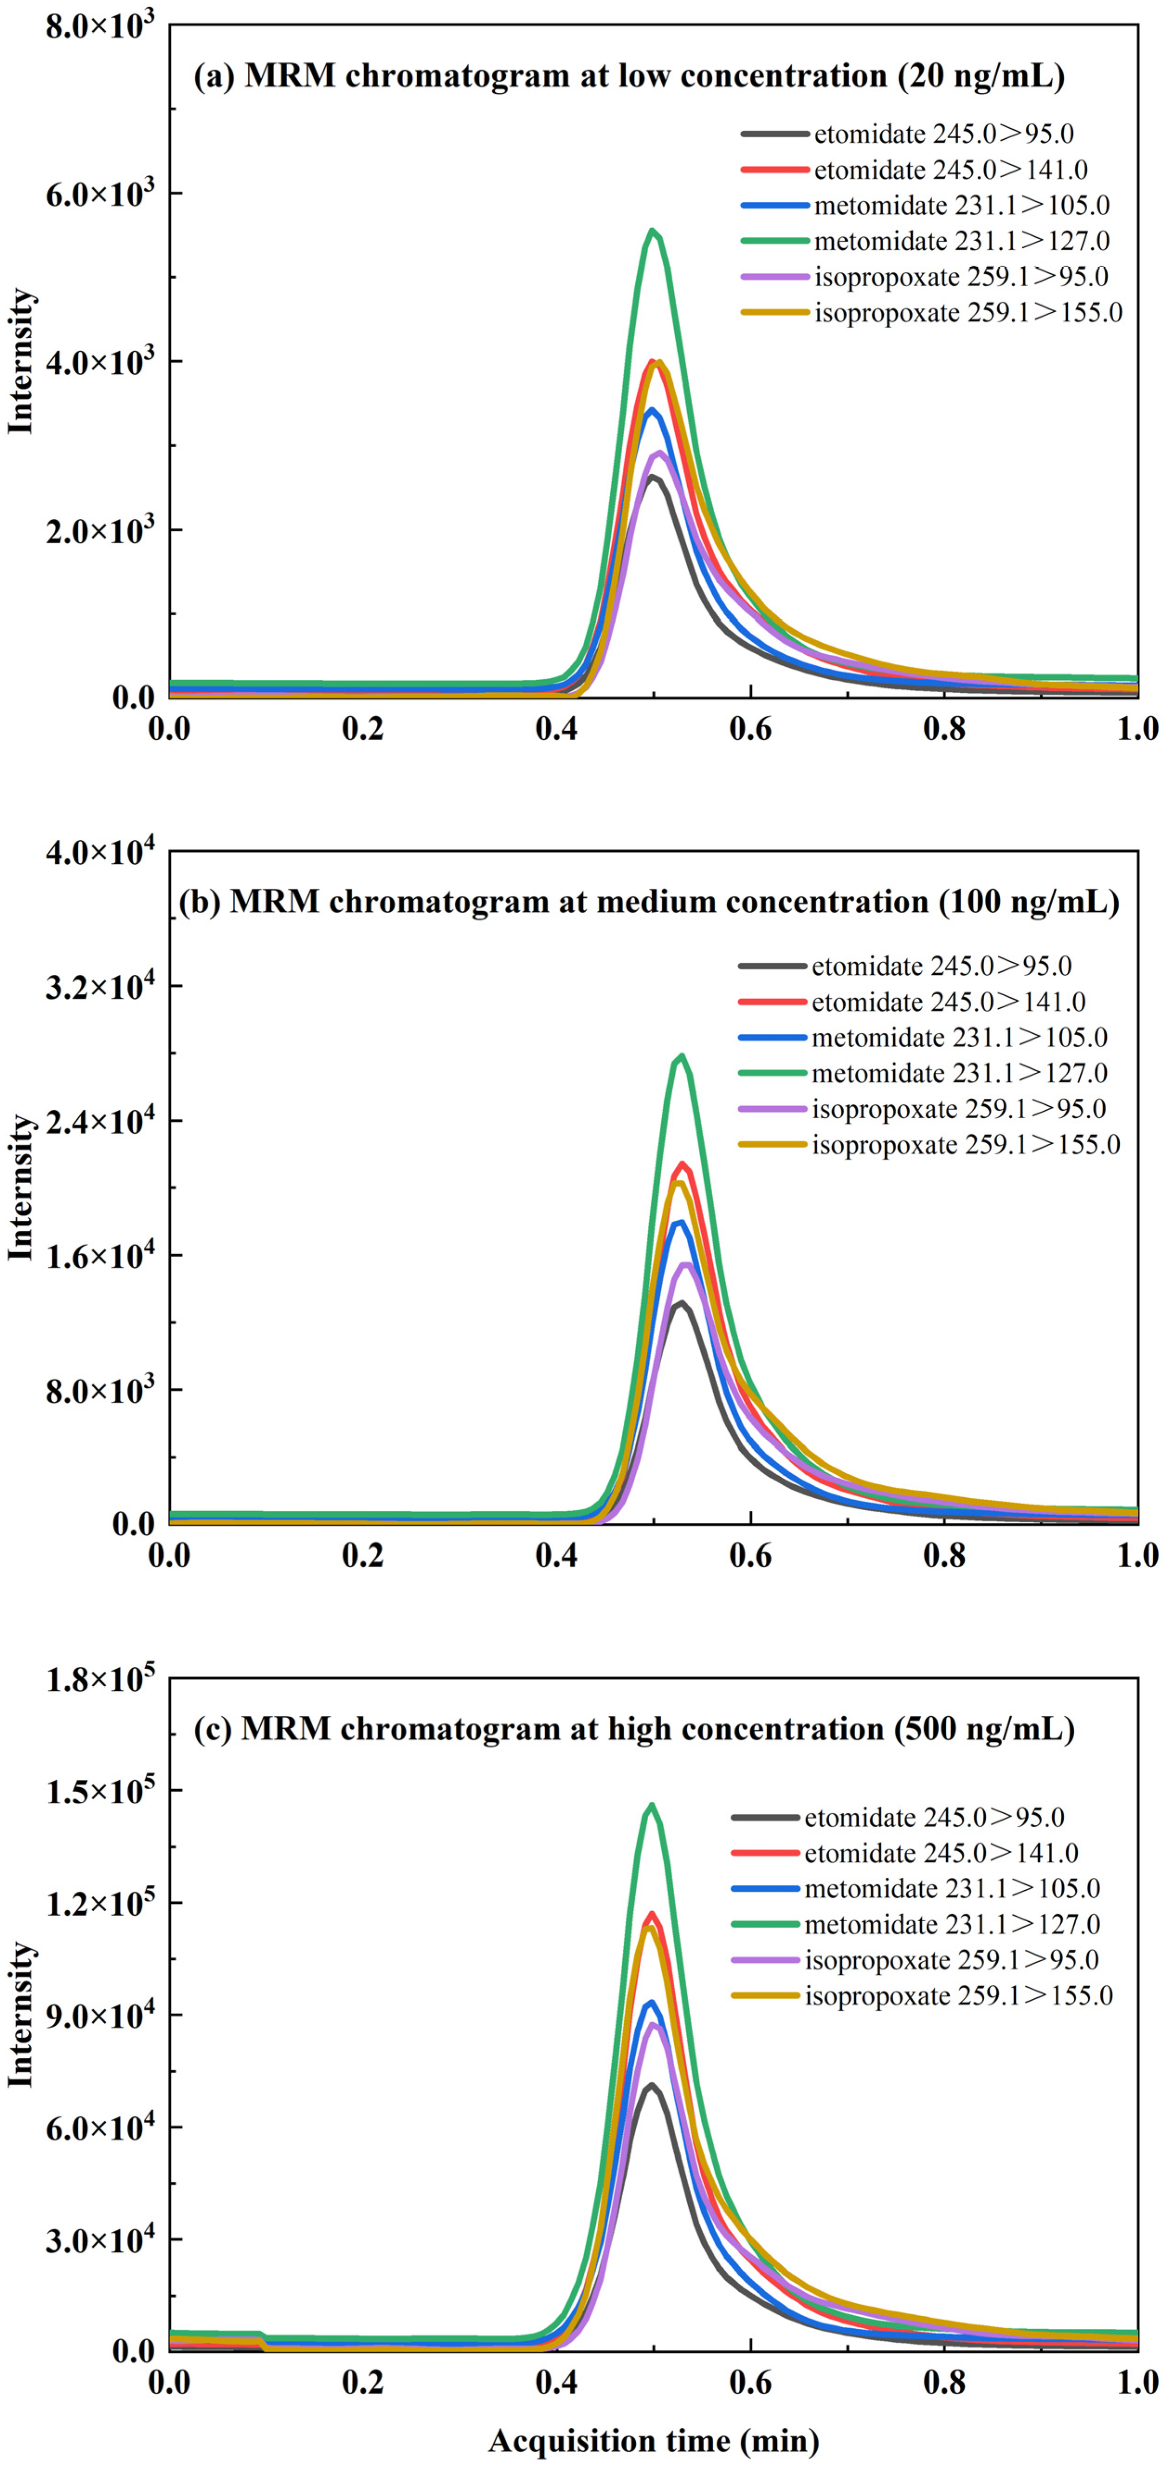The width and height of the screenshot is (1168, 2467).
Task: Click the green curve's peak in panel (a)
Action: (652, 231)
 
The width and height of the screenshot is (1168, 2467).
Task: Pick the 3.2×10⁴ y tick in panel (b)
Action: (99, 986)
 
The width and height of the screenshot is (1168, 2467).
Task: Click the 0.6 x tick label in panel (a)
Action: (750, 730)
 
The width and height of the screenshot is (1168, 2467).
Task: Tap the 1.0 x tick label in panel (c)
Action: (1137, 2382)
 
